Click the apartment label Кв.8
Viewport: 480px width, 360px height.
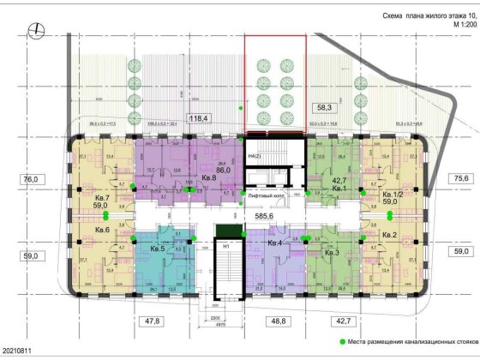207,178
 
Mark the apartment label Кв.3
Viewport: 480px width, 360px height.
332,253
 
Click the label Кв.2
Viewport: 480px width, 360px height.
387,235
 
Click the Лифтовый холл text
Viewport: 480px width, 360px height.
261,197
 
